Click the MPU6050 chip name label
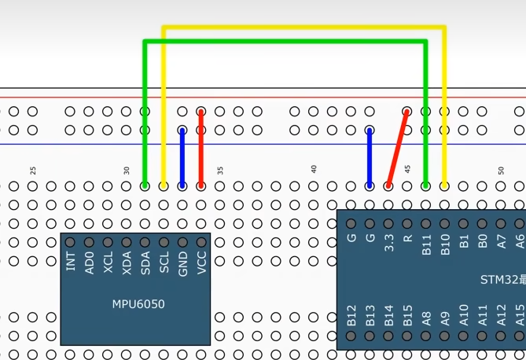[x=138, y=303]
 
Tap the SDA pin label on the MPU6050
[x=145, y=262]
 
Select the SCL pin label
[x=164, y=262]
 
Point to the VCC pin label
[x=202, y=262]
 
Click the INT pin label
[x=71, y=262]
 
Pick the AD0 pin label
[x=90, y=262]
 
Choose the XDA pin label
[x=127, y=262]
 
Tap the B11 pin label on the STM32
[x=426, y=241]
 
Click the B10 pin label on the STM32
[x=445, y=241]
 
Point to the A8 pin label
[x=426, y=317]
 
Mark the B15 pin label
[x=407, y=316]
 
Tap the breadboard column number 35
[x=221, y=170]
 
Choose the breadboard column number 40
[x=314, y=170]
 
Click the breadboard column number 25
[x=33, y=170]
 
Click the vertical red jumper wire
[x=201, y=149]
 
